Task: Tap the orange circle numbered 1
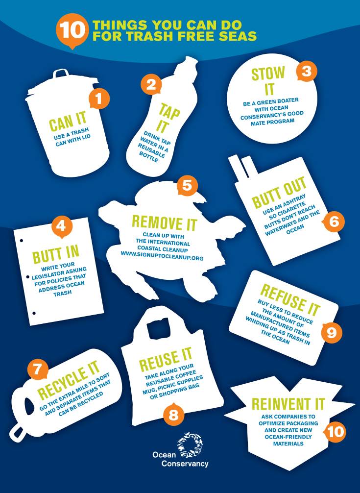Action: pyautogui.click(x=99, y=99)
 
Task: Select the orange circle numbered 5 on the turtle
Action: pyautogui.click(x=187, y=185)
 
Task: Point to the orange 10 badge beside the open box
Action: pyautogui.click(x=335, y=431)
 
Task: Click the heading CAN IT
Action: pyautogui.click(x=68, y=121)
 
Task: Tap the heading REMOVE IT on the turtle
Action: pyautogui.click(x=164, y=222)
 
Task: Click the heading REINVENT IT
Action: pyautogui.click(x=288, y=404)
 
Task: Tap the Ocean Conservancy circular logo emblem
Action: pyautogui.click(x=190, y=445)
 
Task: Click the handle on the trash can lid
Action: pyautogui.click(x=61, y=74)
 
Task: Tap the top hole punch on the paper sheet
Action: pyautogui.click(x=22, y=241)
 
